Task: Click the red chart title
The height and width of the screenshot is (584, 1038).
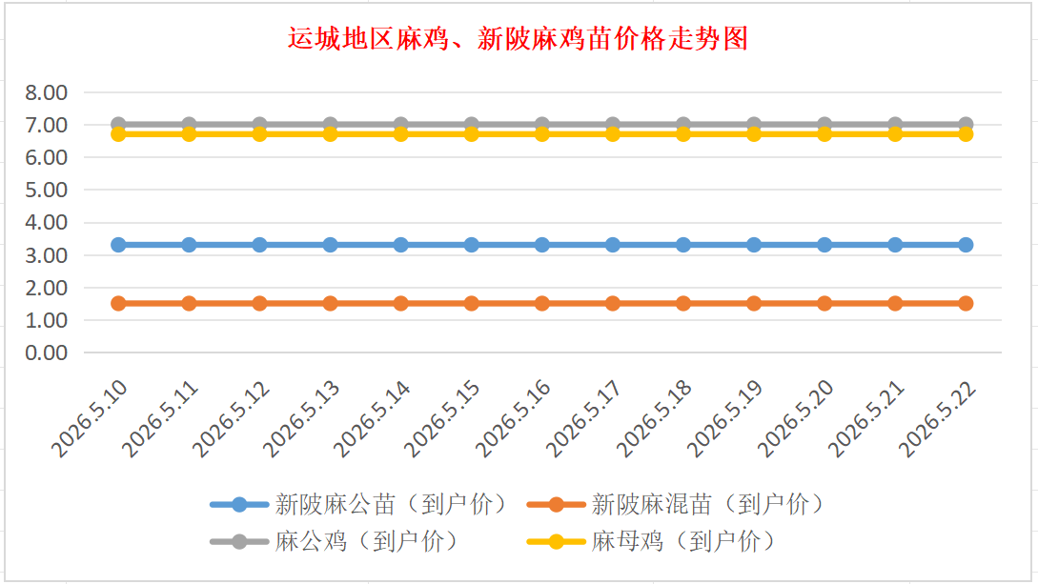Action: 518,38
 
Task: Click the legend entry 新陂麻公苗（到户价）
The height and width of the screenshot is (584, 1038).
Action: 358,505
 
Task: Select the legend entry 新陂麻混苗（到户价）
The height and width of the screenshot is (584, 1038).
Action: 676,505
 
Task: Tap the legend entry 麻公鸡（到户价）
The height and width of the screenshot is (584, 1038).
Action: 335,542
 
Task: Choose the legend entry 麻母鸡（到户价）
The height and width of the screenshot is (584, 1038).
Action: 651,542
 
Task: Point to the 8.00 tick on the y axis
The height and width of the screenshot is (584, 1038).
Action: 47,92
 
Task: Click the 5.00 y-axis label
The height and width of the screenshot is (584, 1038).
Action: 47,190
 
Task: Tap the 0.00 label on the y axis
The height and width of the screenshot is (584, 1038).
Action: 47,352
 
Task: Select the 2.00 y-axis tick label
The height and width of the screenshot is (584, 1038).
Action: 47,288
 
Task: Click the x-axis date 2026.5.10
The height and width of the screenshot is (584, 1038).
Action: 90,418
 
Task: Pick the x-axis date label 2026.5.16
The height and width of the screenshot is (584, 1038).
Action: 513,418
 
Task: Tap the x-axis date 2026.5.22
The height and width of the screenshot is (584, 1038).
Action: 937,418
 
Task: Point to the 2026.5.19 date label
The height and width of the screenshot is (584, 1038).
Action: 724,418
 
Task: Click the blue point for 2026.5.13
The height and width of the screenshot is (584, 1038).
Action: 331,245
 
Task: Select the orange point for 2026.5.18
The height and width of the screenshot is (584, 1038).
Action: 683,304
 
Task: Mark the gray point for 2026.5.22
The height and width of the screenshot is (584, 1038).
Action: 966,124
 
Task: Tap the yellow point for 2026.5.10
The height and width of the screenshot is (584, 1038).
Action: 118,134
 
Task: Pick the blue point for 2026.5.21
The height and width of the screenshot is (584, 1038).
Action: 895,245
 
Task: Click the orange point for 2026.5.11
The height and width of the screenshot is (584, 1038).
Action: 189,304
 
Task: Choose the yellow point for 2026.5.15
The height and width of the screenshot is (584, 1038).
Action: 471,134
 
